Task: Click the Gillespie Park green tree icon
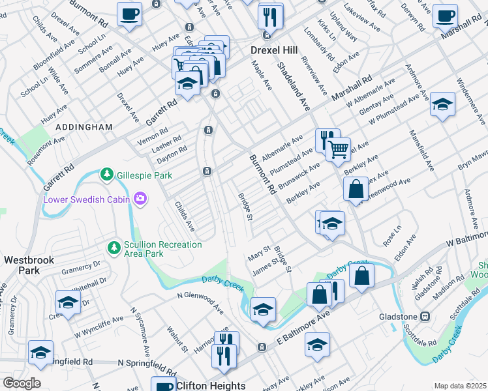106,175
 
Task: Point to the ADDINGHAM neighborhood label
84,126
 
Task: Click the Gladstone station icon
425,317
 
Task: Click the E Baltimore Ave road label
305,329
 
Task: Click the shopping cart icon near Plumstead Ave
338,149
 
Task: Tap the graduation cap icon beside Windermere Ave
443,105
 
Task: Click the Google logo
22,383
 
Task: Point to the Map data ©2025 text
459,386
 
